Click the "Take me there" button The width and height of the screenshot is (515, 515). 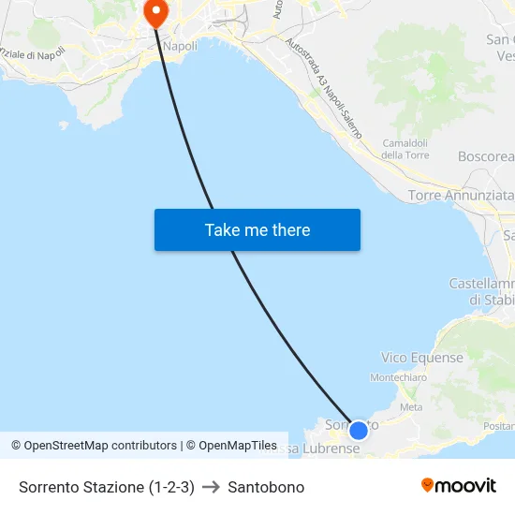pos(257,230)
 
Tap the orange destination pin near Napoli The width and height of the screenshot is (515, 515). pos(154,12)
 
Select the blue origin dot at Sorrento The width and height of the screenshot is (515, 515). pos(358,431)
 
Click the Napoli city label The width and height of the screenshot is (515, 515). pos(180,45)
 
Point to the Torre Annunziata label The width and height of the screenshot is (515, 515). pos(461,196)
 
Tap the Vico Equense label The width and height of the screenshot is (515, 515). pos(422,358)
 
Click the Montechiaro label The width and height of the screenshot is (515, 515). pos(398,377)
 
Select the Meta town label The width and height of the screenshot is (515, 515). pos(411,407)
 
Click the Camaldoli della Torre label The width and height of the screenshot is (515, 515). pos(405,149)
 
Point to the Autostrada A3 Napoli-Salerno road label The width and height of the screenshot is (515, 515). pos(324,88)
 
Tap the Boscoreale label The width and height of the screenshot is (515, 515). pos(486,156)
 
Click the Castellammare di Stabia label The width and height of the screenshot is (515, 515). pos(482,291)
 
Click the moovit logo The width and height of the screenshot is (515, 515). pos(459,486)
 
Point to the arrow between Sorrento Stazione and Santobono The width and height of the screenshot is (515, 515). pos(211,487)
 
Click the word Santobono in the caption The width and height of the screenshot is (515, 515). pos(266,487)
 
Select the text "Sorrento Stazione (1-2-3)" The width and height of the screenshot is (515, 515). pos(107,487)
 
